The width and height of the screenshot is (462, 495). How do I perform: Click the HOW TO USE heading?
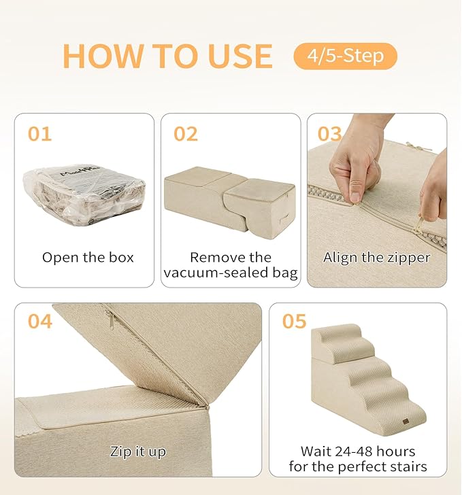pyautogui.click(x=167, y=56)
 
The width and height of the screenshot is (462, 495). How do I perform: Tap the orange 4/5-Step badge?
pyautogui.click(x=345, y=56)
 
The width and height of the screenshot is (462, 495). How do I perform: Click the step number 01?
pyautogui.click(x=39, y=134)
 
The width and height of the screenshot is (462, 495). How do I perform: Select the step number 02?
pyautogui.click(x=186, y=134)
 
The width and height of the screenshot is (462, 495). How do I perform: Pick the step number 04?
pyautogui.click(x=40, y=321)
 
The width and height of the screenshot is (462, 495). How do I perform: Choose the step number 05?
pyautogui.click(x=295, y=321)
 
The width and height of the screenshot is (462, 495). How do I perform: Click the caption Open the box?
pyautogui.click(x=88, y=258)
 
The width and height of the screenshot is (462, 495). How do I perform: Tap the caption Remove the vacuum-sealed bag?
pyautogui.click(x=230, y=265)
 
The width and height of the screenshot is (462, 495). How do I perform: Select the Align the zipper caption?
pyautogui.click(x=376, y=258)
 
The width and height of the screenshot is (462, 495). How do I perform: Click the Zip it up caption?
pyautogui.click(x=137, y=451)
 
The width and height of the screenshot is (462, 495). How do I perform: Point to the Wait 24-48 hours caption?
pyautogui.click(x=358, y=459)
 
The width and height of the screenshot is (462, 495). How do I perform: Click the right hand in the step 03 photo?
pyautogui.click(x=434, y=194)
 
